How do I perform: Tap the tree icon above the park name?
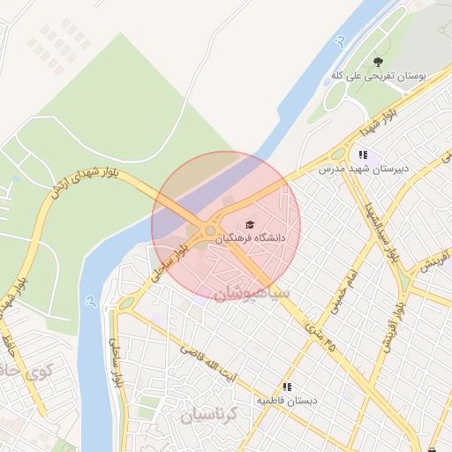[378, 62]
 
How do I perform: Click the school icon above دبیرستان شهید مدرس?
[363, 154]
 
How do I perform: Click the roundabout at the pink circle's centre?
[210, 230]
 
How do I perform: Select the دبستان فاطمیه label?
[286, 401]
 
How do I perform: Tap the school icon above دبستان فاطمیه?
[286, 387]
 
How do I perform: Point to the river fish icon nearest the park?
[340, 41]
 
